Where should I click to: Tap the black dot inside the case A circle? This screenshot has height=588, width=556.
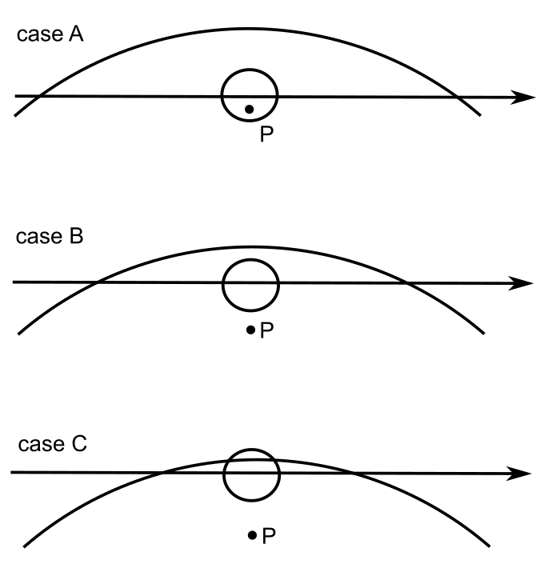click(x=249, y=109)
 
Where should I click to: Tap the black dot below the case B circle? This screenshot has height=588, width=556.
click(x=250, y=329)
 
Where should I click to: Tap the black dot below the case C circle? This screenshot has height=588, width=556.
click(x=252, y=534)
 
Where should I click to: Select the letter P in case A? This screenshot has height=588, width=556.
click(x=266, y=134)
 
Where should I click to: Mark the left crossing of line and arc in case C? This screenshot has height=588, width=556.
click(x=162, y=473)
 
